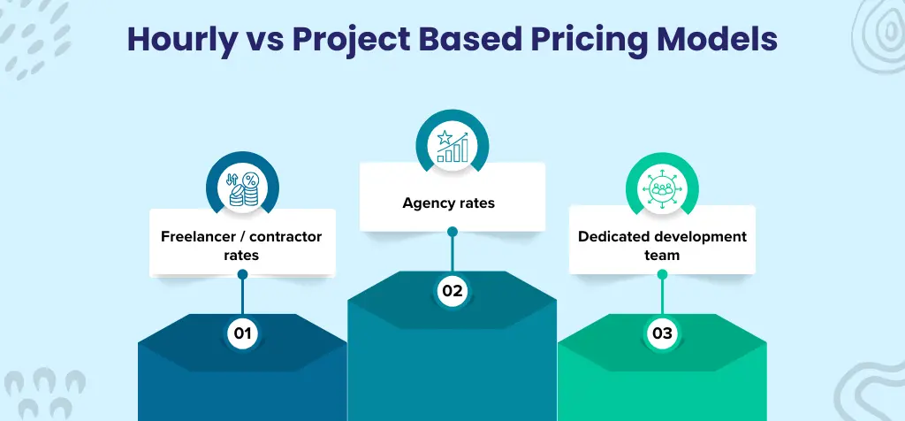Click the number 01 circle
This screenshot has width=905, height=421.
pos(241,333)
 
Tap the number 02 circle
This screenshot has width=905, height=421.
pos(452,289)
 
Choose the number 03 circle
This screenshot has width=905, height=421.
pos(662,333)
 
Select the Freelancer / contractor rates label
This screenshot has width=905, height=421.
pos(241,245)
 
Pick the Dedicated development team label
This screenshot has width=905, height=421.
pos(662,245)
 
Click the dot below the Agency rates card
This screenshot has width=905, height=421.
pos(452,232)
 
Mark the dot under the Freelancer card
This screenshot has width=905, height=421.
pos(242,274)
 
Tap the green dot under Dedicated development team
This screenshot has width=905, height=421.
pos(662,274)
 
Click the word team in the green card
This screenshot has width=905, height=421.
pos(662,254)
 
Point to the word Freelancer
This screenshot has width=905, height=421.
pos(197,236)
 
